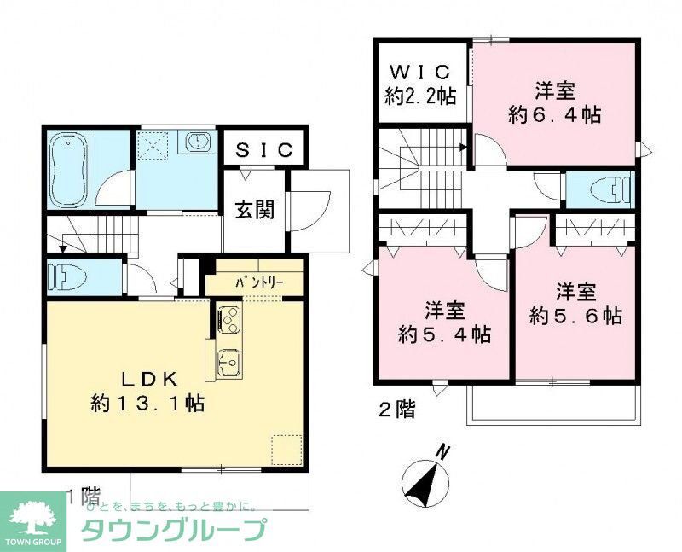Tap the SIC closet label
tap(264, 150)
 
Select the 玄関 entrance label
tap(254, 209)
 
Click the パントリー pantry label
tap(253, 282)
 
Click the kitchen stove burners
tap(228, 321)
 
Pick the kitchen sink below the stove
tap(228, 362)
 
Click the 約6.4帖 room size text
tap(554, 115)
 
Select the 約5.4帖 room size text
tap(446, 334)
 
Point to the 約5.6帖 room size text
tap(575, 316)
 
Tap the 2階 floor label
tap(396, 410)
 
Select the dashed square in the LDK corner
tap(286, 449)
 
